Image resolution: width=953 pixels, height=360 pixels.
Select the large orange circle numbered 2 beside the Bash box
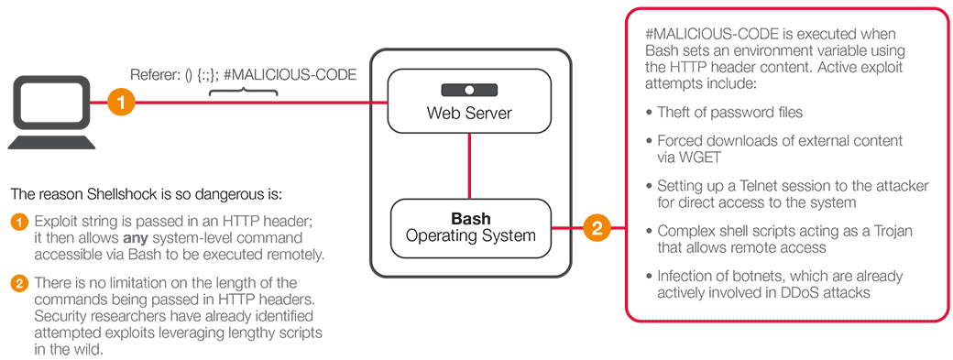point(597,227)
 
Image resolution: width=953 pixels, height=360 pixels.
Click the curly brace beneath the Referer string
point(236,92)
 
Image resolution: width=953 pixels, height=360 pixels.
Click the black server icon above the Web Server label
point(468,91)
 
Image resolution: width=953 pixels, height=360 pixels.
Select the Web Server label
point(469,114)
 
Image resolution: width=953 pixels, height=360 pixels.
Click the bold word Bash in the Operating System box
point(470,219)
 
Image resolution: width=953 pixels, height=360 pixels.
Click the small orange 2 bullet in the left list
point(19,283)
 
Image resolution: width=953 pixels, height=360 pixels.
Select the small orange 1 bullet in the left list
point(19,222)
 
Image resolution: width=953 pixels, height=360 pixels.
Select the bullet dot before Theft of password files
point(649,113)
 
